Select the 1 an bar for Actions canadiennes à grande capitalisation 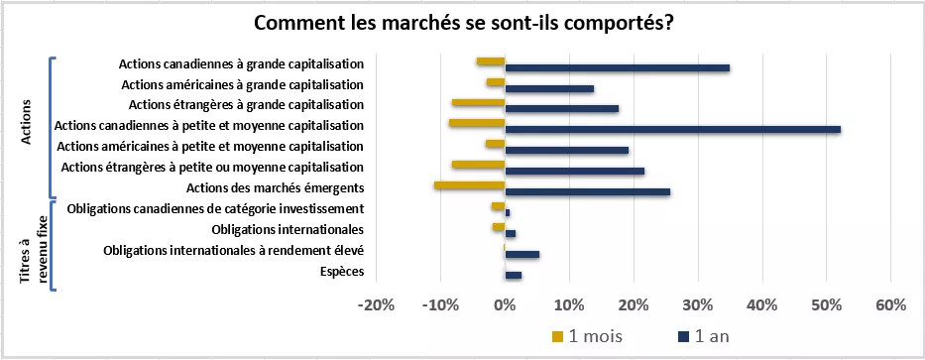click(618, 67)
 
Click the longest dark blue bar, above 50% click(673, 130)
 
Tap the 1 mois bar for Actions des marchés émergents click(470, 185)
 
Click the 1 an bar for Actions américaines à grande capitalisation click(549, 88)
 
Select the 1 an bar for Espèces click(514, 275)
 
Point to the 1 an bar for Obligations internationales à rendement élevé click(522, 254)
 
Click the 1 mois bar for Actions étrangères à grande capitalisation click(479, 102)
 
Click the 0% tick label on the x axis click(506, 305)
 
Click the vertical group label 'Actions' click(27, 125)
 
